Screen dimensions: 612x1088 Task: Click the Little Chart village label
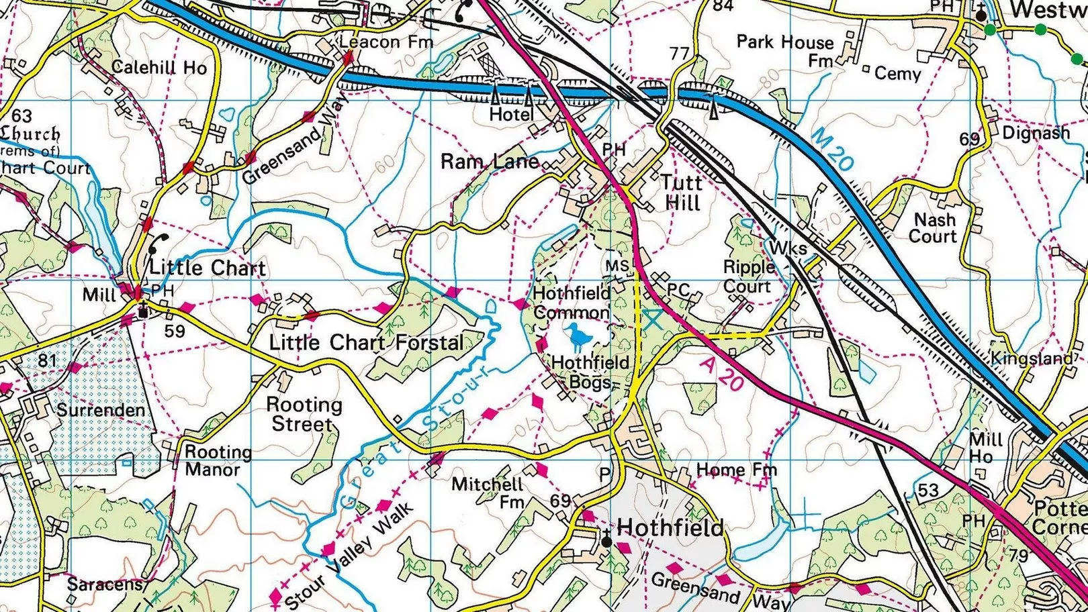point(207,268)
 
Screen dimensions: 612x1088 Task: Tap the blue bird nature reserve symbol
point(576,336)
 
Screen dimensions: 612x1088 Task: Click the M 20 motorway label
point(832,149)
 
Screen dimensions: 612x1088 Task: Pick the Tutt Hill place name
point(681,192)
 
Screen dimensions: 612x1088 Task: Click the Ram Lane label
point(489,161)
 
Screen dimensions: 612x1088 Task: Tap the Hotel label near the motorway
point(511,115)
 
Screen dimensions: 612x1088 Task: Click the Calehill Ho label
point(159,67)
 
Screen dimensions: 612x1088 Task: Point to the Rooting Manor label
point(218,460)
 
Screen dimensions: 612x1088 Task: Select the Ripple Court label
point(748,276)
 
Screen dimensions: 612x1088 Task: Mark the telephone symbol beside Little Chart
point(160,242)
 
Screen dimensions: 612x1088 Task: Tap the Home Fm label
point(736,470)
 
